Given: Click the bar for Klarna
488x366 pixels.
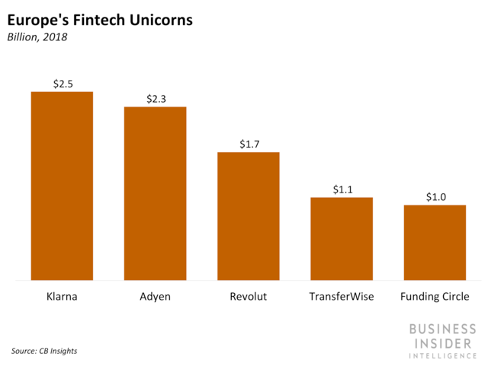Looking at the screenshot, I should point(62,186).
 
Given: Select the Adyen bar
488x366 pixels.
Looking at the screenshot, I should point(156,193).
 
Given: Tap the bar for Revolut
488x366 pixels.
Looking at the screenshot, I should point(249,216).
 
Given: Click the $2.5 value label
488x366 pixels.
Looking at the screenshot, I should point(63,84).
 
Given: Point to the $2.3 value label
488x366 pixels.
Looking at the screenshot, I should point(156,99).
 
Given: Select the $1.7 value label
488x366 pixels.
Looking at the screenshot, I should point(249,144).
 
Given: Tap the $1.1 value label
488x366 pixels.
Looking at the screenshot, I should point(342,189).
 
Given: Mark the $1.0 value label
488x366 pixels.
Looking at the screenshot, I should point(435,197).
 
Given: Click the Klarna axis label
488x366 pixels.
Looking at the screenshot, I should point(62,296).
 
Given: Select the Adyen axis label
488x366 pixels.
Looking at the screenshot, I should point(156,297).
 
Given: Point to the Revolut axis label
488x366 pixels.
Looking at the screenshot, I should point(249,296).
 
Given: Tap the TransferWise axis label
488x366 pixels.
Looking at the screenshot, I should point(342,296).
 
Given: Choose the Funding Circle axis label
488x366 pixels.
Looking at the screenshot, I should point(435,297).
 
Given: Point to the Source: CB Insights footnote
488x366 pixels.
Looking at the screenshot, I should point(44,351).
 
